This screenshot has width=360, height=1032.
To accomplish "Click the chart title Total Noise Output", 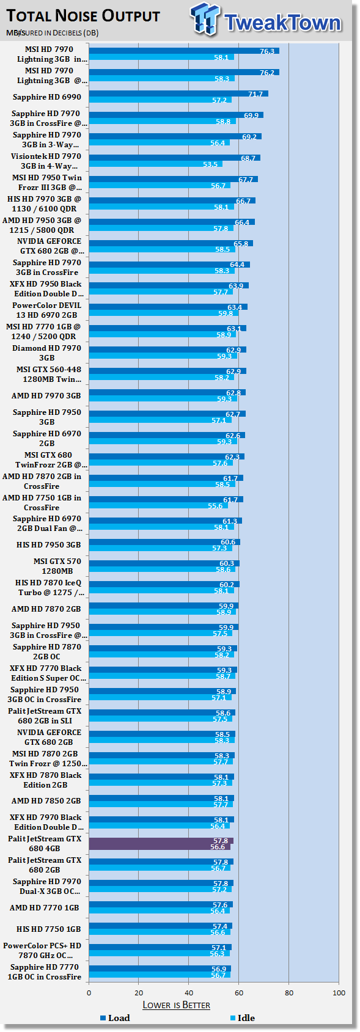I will [x=83, y=16].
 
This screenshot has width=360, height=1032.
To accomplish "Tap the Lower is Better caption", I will [x=176, y=1005].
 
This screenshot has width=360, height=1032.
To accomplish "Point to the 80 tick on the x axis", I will [x=289, y=993].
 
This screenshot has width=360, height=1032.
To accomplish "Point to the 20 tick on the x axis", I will [x=139, y=993].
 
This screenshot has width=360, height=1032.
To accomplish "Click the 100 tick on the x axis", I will [x=339, y=993].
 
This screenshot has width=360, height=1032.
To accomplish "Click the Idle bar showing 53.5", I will [x=156, y=164].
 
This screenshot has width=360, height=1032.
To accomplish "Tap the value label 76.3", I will [x=267, y=51].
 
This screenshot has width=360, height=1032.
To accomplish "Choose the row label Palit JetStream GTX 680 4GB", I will [x=44, y=844].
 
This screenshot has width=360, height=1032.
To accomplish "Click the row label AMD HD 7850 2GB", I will [x=46, y=801].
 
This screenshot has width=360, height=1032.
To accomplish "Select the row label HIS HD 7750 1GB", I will [x=48, y=929].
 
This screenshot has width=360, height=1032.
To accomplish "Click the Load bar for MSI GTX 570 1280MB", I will [x=164, y=563].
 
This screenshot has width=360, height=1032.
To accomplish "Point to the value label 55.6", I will [x=215, y=506].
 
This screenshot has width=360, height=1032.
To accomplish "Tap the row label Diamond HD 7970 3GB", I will [x=46, y=353].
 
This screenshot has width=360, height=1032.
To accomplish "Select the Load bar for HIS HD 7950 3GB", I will [x=164, y=542].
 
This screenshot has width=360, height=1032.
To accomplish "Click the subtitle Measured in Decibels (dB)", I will [x=52, y=32].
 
